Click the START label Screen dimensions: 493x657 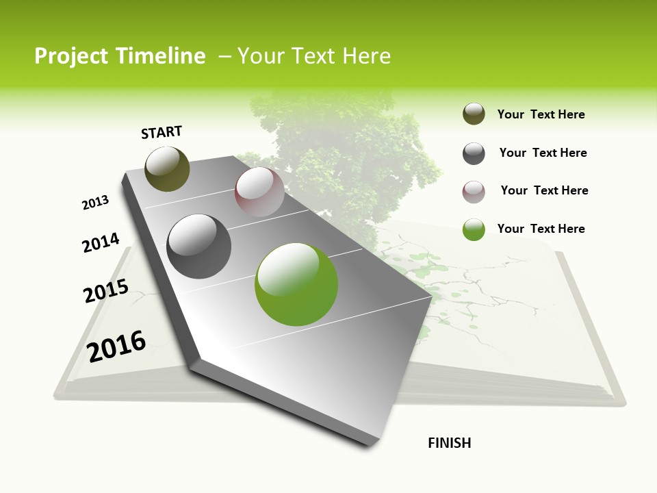tap(162, 131)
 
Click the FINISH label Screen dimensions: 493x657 tap(449, 443)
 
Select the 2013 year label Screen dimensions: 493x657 tap(95, 202)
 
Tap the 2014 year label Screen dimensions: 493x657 tap(101, 242)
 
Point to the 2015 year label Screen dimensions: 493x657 tap(106, 291)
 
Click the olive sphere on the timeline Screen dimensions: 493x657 tap(167, 168)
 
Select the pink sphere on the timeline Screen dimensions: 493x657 tap(259, 192)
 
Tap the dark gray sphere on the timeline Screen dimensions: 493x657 tap(199, 246)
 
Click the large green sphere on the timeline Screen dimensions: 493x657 tap(296, 284)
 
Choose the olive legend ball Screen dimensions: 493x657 tap(474, 114)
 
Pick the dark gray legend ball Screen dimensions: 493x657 tap(474, 153)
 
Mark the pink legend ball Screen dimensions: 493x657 tap(474, 192)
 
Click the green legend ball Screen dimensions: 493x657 tap(474, 230)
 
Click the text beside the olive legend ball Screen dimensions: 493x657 tap(541, 114)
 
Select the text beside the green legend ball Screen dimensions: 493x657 tap(541, 229)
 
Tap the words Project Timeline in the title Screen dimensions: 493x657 tap(120, 56)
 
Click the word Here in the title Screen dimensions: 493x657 tap(366, 56)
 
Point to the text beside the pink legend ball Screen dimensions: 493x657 tap(544, 190)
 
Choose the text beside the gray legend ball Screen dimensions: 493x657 tap(543, 153)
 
